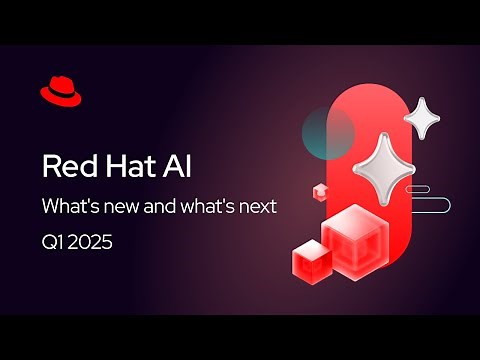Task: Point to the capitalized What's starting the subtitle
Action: [69, 208]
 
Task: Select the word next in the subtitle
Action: [257, 208]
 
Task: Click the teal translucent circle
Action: [327, 131]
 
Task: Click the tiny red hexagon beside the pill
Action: [320, 190]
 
